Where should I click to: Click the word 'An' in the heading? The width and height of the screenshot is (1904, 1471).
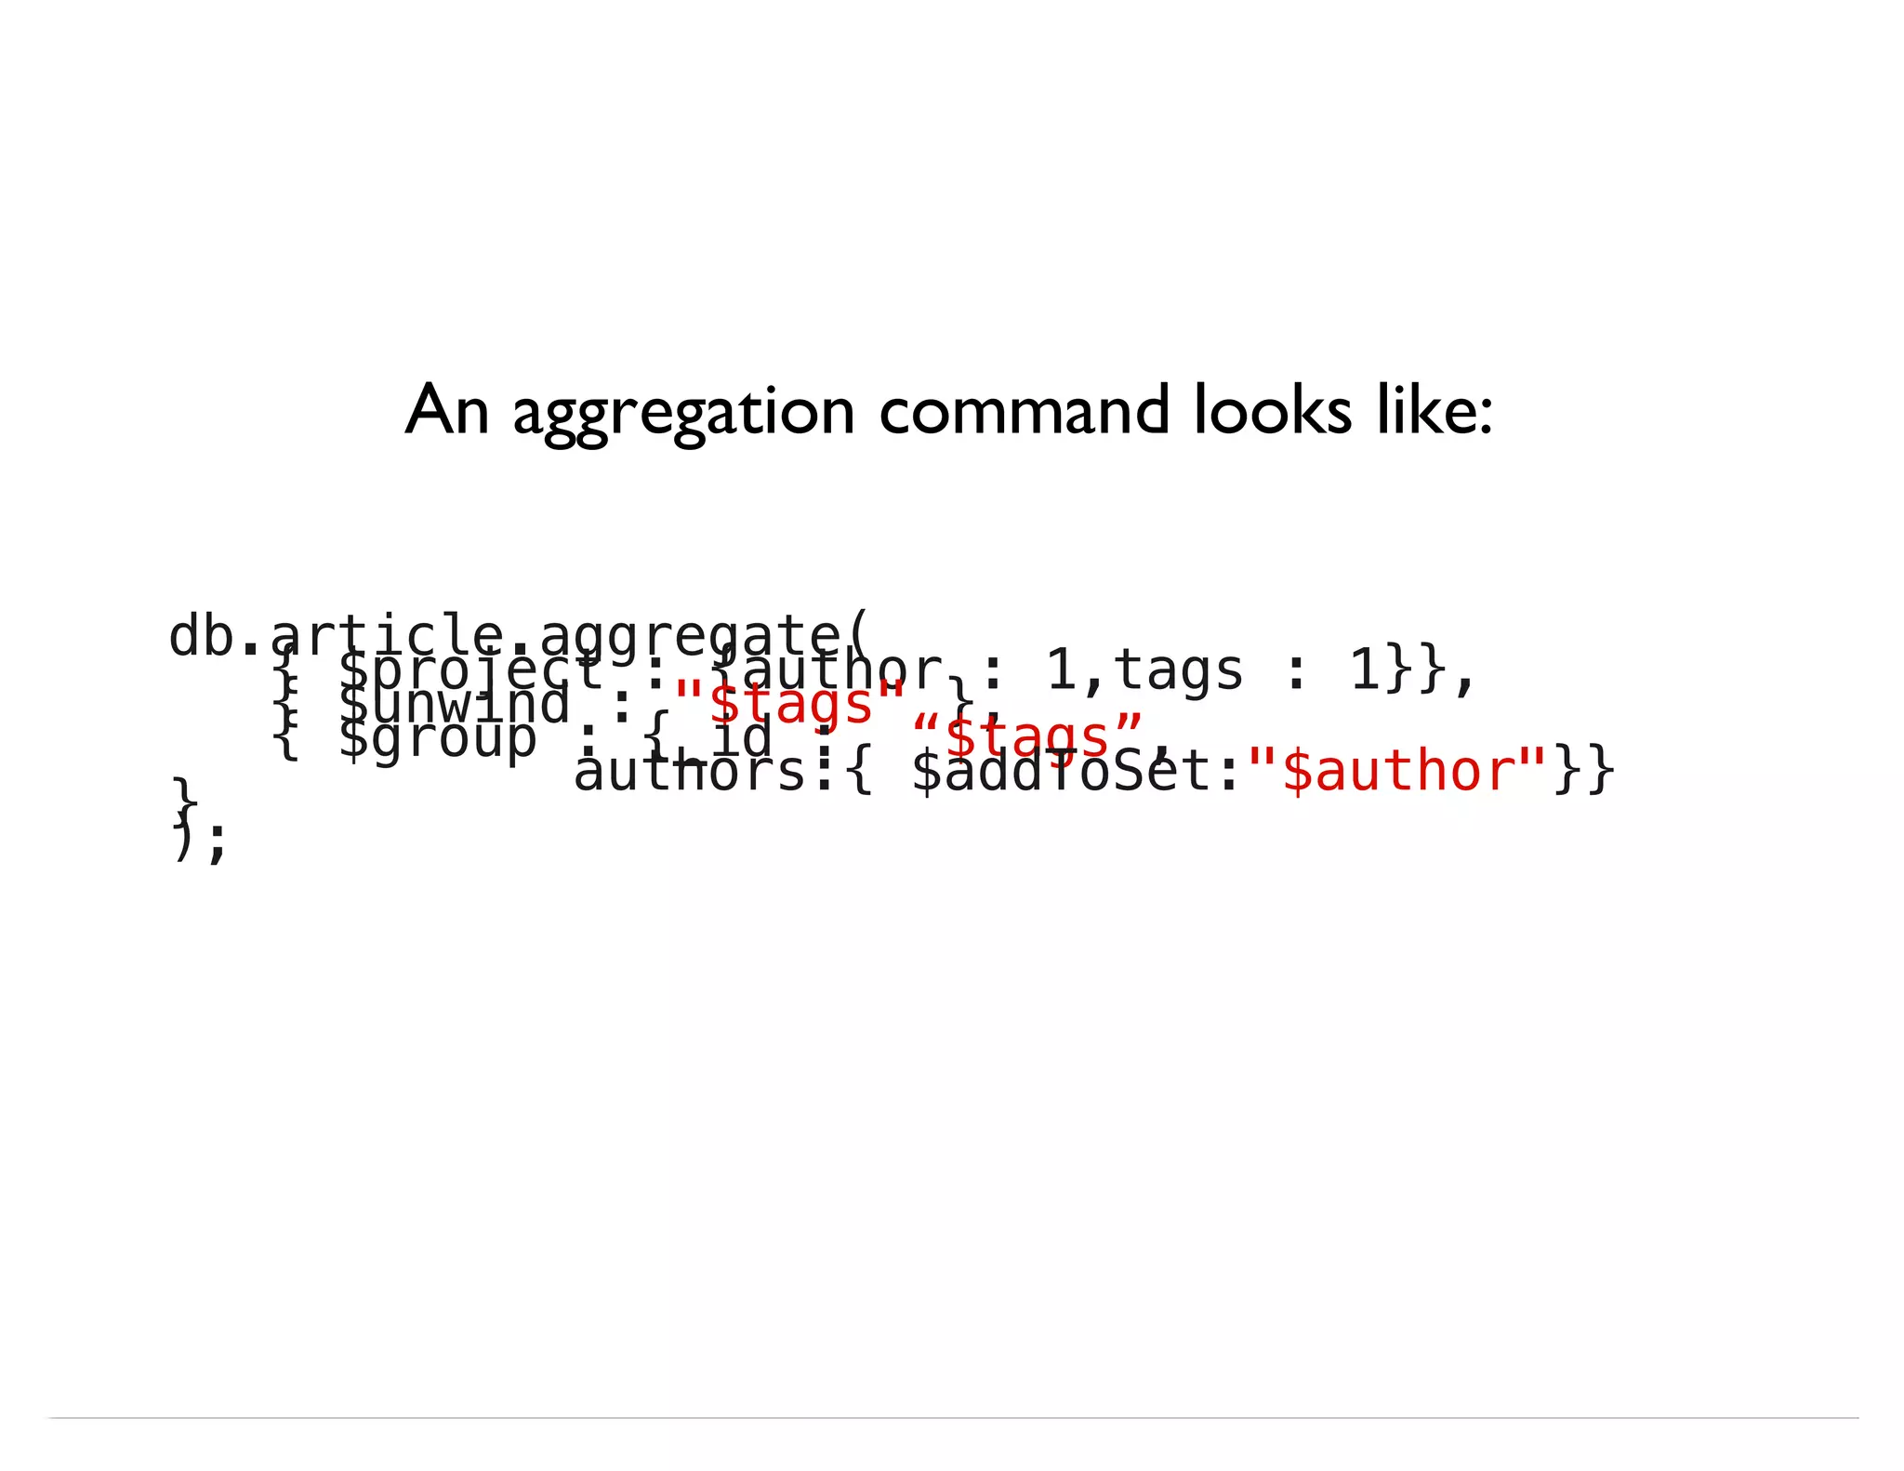pos(447,410)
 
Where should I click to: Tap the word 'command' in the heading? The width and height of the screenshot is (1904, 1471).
pos(1025,410)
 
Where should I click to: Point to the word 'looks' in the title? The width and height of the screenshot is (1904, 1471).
pos(1273,410)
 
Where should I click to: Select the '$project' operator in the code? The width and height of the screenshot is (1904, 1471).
pos(470,670)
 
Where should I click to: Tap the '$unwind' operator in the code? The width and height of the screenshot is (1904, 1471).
pos(454,704)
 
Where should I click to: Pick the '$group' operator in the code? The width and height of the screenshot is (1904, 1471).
pos(437,738)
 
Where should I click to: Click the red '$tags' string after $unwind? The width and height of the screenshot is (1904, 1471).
pos(790,703)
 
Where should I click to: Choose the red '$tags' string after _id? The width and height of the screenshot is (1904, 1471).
pos(1028,736)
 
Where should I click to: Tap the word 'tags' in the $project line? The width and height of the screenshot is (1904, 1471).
pos(1178,669)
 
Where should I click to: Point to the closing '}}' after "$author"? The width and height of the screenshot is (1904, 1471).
pos(1584,772)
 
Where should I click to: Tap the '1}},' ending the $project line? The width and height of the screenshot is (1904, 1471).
pos(1413,669)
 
